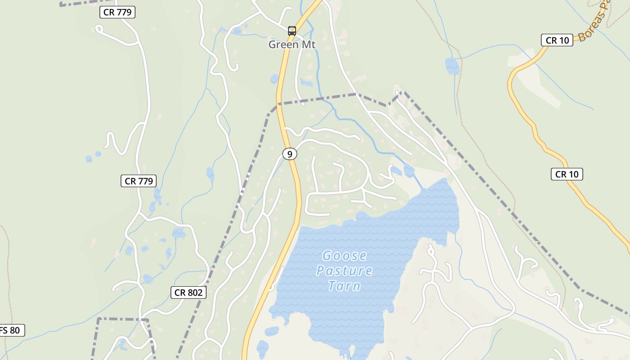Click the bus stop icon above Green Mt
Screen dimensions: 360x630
[292, 31]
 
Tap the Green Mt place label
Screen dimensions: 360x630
[292, 45]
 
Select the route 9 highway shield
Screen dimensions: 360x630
[290, 154]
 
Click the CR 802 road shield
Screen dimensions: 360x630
[189, 292]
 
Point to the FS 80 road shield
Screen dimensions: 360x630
[11, 330]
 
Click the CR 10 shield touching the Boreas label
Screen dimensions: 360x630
[557, 40]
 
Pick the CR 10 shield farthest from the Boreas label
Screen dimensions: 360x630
[567, 174]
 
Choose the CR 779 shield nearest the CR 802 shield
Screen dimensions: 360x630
[139, 181]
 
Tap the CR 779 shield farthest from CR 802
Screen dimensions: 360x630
[117, 12]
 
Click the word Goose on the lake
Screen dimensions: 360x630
[345, 256]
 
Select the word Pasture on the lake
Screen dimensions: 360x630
[344, 271]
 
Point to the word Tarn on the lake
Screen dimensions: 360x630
[344, 286]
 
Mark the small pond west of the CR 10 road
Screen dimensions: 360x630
[452, 66]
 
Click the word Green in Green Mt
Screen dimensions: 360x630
[283, 45]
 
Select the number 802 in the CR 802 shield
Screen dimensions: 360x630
[194, 292]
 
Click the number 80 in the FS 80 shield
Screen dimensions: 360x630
[15, 330]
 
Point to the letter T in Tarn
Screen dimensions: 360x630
[332, 286]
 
